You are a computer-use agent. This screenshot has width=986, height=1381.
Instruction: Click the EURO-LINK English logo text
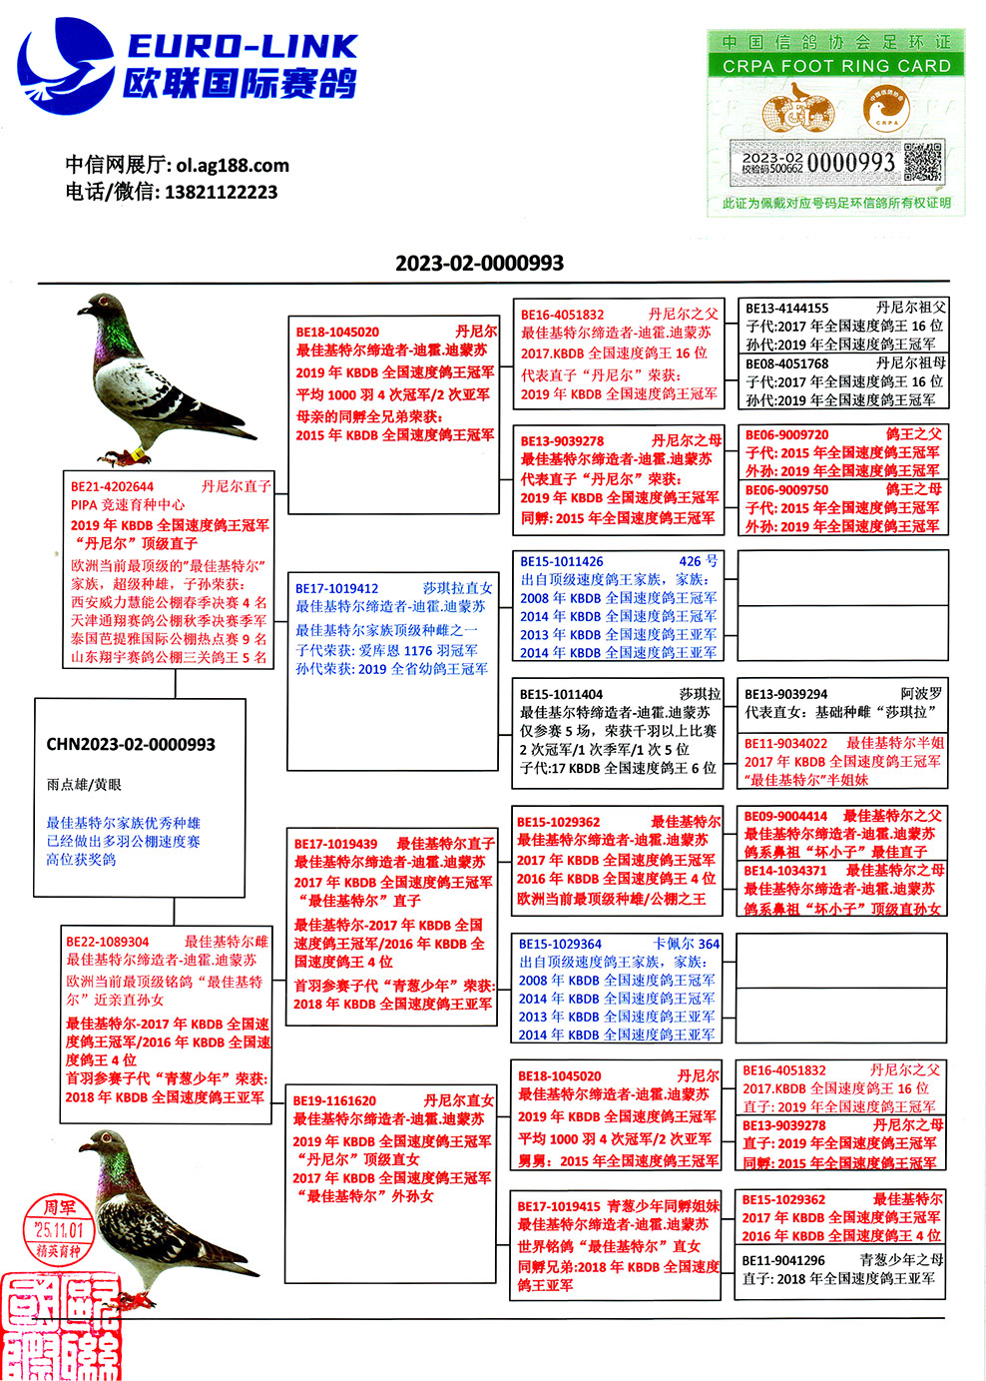(x=243, y=46)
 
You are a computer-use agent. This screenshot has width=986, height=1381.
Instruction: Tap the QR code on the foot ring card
(x=922, y=163)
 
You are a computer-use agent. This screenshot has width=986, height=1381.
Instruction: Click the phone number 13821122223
(x=221, y=192)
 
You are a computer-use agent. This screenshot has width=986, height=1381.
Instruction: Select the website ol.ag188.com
(x=233, y=165)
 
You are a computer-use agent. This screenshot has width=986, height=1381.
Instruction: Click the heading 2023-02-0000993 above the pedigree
(x=479, y=263)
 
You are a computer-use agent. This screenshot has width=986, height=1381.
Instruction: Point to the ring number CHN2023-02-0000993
(x=131, y=744)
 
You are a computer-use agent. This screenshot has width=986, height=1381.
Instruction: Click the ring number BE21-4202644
(x=112, y=486)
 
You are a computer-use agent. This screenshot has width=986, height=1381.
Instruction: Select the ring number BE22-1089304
(x=108, y=942)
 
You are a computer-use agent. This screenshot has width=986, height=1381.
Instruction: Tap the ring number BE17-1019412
(x=336, y=588)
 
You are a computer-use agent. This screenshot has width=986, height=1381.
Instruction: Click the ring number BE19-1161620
(x=334, y=1100)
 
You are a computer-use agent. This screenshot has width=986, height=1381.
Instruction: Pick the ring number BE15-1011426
(x=561, y=561)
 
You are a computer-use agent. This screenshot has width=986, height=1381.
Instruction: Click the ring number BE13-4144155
(x=786, y=309)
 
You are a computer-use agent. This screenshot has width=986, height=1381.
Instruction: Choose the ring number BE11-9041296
(x=783, y=1260)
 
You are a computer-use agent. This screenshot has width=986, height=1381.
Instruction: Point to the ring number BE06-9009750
(x=786, y=489)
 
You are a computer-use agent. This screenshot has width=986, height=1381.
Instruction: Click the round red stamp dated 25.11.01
(x=59, y=1229)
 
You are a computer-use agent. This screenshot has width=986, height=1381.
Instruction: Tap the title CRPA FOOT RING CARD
(x=836, y=66)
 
